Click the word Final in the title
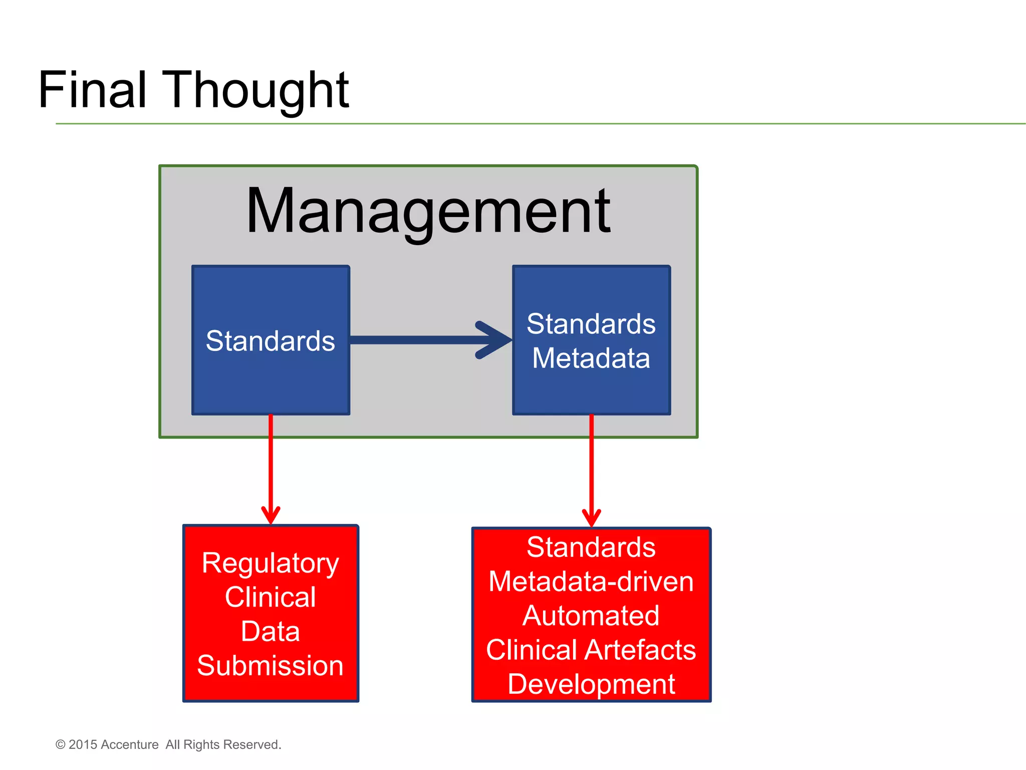92,90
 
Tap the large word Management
428,211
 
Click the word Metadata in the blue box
591,358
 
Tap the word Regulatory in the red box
271,563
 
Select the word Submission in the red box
271,666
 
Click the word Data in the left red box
271,631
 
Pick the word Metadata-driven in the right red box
591,582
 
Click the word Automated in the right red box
591,616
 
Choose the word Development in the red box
591,684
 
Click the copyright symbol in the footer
61,745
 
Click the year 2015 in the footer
83,745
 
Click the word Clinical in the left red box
271,597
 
